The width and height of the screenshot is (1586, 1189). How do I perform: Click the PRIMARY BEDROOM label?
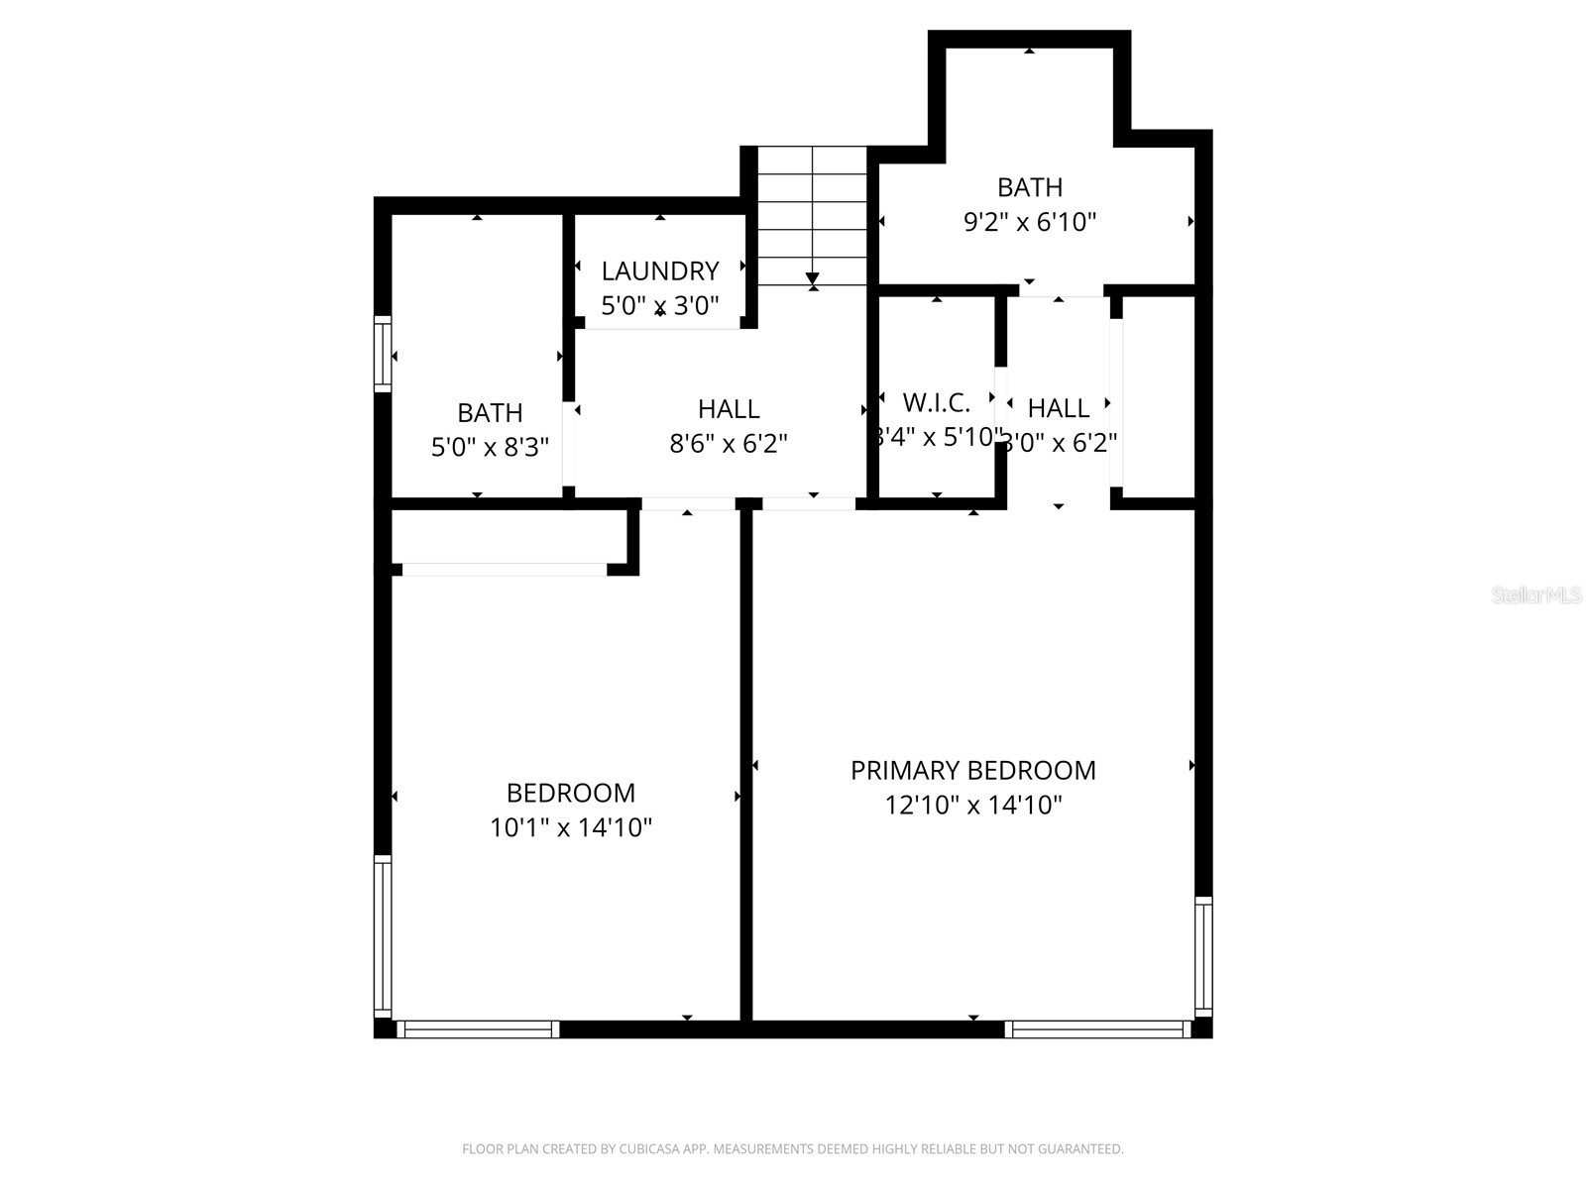click(972, 770)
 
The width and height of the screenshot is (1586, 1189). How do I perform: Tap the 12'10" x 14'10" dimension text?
click(972, 805)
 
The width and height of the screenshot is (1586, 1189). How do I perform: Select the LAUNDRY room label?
click(660, 270)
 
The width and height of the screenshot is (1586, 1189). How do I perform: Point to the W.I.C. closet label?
click(936, 402)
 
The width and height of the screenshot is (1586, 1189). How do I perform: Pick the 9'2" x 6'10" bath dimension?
click(1030, 222)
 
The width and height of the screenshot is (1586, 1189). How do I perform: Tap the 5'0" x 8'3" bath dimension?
click(490, 447)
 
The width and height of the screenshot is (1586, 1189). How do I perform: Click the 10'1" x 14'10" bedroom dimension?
click(571, 827)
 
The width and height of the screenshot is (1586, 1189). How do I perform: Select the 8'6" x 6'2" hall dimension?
click(729, 443)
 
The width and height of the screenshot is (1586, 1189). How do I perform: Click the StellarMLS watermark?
click(1536, 595)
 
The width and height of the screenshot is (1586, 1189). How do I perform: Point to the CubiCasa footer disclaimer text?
click(793, 1149)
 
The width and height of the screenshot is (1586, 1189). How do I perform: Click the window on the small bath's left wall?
click(382, 353)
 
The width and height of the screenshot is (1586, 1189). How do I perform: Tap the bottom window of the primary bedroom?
click(1097, 1029)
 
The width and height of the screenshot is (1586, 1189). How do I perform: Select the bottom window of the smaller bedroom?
click(478, 1029)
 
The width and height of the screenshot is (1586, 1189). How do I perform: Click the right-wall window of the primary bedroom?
click(1203, 956)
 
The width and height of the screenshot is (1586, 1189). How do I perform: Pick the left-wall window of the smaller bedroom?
click(382, 936)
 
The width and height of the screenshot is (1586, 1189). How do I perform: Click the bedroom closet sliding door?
click(504, 570)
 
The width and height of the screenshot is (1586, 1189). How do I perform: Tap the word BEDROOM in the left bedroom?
click(571, 793)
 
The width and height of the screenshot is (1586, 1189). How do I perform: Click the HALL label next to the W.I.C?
click(1059, 407)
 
